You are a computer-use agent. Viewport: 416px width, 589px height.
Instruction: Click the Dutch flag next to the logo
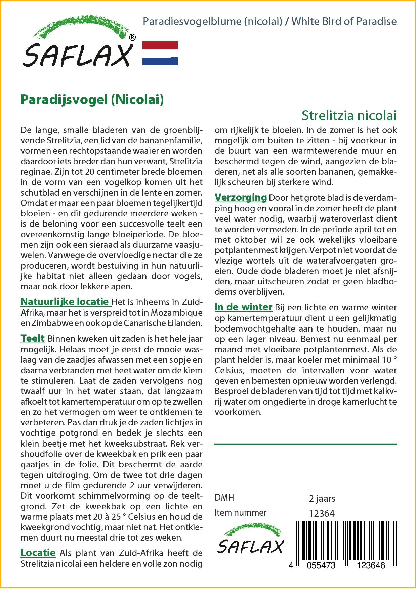[x=160, y=53]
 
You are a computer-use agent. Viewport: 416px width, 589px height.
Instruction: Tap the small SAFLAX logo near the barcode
[x=250, y=540]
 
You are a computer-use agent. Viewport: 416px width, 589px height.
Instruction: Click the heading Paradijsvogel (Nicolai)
[x=92, y=100]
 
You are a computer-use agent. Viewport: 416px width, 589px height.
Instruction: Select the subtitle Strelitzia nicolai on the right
[x=349, y=115]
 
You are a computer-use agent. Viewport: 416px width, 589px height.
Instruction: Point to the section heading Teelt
[x=33, y=338]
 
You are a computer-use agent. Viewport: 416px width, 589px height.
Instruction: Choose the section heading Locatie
[x=38, y=553]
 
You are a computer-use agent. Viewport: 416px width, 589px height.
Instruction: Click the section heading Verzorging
[x=241, y=197]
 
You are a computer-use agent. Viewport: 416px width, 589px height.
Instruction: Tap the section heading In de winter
[x=243, y=307]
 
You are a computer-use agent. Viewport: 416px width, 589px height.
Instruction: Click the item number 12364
[x=322, y=513]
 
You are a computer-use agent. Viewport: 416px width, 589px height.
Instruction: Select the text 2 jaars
[x=322, y=498]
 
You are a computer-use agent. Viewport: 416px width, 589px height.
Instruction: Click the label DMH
[x=224, y=498]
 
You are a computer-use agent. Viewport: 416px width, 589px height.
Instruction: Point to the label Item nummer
[x=241, y=513]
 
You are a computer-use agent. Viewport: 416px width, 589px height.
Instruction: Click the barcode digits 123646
[x=371, y=565]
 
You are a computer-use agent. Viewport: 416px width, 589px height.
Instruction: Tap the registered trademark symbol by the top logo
[x=132, y=37]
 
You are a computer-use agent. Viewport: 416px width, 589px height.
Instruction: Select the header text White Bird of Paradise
[x=344, y=21]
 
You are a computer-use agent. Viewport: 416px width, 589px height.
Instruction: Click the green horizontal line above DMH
[x=305, y=444]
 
